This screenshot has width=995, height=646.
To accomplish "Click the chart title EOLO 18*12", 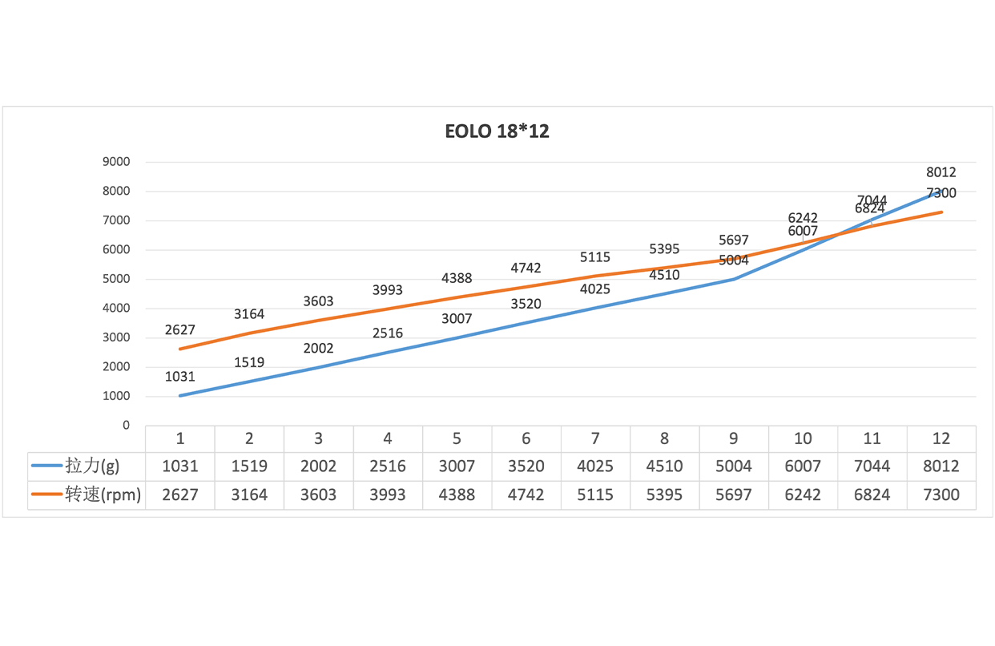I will click(x=497, y=131).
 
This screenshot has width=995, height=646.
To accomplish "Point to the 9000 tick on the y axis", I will click(x=116, y=162).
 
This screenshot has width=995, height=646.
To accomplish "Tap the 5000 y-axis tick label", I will click(x=116, y=279).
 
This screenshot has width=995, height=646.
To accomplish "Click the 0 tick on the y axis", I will click(x=126, y=426).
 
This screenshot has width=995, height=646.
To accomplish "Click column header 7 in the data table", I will click(x=595, y=438).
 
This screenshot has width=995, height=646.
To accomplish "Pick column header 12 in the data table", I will click(x=941, y=438).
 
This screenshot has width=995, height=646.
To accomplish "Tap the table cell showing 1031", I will click(x=180, y=466).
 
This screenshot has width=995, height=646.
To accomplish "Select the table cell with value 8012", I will click(x=941, y=466).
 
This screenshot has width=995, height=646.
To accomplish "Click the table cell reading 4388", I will click(x=457, y=495).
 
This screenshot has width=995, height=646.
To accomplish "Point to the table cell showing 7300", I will click(x=941, y=495).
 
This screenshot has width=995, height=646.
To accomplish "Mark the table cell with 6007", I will click(x=803, y=466).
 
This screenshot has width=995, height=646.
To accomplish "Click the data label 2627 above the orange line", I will click(x=180, y=329).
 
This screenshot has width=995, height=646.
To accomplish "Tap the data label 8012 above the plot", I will click(x=941, y=172).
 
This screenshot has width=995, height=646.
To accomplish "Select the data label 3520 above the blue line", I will click(x=526, y=304).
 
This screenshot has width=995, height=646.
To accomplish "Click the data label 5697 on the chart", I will click(x=734, y=240).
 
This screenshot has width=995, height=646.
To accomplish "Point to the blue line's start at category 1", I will click(x=180, y=395).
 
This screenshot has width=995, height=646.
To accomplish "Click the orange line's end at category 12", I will click(x=941, y=212).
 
